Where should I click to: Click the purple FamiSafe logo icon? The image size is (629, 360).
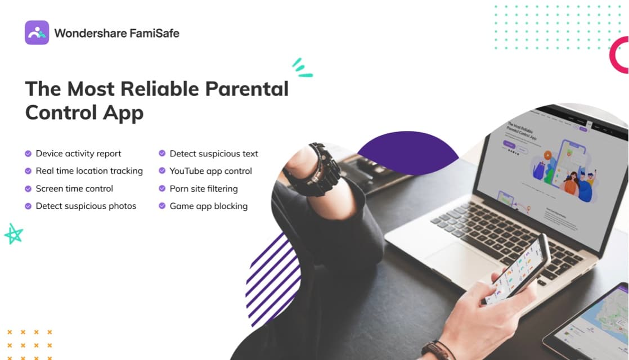(37, 33)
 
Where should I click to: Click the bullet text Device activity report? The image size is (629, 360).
(78, 154)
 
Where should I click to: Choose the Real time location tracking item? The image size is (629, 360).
(89, 171)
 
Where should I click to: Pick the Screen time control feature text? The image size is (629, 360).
(74, 188)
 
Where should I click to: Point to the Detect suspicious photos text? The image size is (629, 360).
(86, 206)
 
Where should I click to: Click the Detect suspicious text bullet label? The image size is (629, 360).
(214, 154)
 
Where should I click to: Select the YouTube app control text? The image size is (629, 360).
(210, 171)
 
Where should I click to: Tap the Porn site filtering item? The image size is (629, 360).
(204, 188)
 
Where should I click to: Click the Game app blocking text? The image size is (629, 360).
(208, 206)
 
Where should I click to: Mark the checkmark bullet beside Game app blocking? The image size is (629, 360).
(162, 206)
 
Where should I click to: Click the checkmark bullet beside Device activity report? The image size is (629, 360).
(28, 154)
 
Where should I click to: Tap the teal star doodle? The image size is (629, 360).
(13, 233)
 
